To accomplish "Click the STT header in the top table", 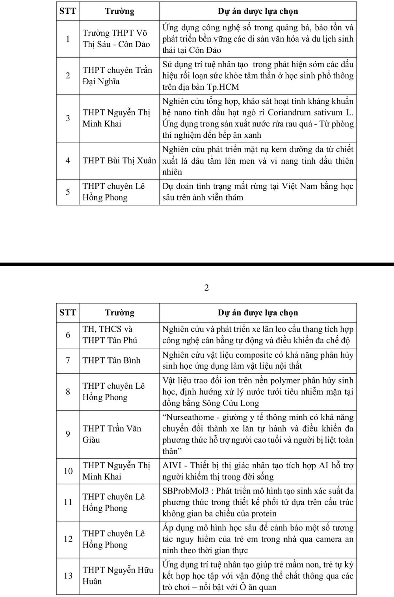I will click(x=68, y=11).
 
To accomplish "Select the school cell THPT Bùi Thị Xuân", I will click(x=119, y=161).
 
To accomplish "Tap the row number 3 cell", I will click(x=68, y=118).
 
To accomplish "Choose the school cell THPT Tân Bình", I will click(x=111, y=360).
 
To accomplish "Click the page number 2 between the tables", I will click(x=206, y=288).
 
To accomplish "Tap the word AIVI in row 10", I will click(x=172, y=465).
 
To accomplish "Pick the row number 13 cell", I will click(x=68, y=576).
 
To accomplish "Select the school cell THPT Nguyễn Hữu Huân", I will click(x=117, y=575).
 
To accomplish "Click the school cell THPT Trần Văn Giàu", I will click(x=112, y=434).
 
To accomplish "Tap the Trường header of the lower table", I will click(x=119, y=313).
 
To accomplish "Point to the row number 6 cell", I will click(x=68, y=335).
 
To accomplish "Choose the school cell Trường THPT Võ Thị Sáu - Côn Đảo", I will click(x=116, y=39).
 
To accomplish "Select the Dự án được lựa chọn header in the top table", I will click(x=258, y=11).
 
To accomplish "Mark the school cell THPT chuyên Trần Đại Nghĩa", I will click(x=117, y=76).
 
